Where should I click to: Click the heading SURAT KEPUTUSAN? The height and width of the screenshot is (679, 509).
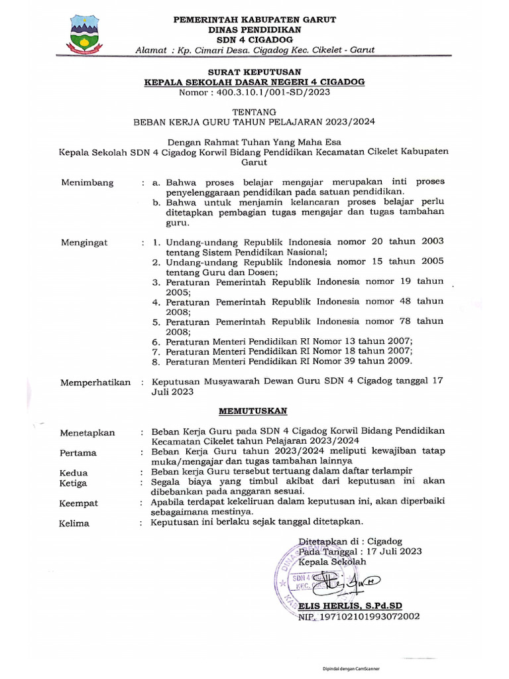click(254, 72)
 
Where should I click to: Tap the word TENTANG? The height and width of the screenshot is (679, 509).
click(254, 112)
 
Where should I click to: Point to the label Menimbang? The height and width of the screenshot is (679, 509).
click(87, 183)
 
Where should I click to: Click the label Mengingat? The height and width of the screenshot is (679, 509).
click(84, 243)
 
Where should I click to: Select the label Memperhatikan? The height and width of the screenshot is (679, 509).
click(95, 383)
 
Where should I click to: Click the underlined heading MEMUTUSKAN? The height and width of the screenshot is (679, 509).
click(254, 411)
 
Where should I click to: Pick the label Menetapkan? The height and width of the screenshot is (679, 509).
click(87, 433)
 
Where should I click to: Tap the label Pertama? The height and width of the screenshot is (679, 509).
click(78, 453)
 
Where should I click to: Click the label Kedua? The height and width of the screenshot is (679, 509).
click(74, 473)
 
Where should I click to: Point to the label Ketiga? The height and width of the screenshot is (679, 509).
click(74, 483)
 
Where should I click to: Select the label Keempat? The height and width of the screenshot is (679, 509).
click(79, 503)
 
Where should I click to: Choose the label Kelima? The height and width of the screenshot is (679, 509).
click(74, 524)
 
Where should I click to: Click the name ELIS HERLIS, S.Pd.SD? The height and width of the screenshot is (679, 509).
click(350, 606)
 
